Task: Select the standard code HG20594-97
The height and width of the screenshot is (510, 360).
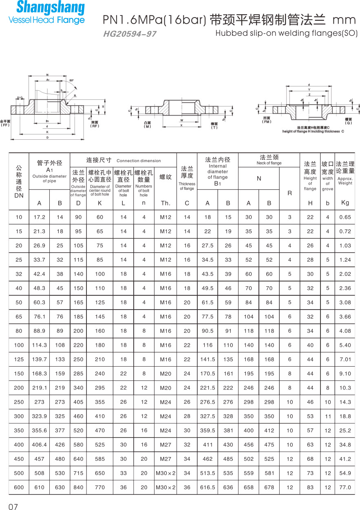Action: [130, 34]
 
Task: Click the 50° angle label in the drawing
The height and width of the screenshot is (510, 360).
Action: [72, 81]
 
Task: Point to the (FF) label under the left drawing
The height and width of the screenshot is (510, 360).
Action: [5, 125]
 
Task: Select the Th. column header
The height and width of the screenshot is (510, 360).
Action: [166, 203]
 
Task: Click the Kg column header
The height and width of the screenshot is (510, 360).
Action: [345, 202]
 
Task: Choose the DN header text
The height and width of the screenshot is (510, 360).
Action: [19, 196]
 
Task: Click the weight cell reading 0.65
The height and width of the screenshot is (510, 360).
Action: [345, 217]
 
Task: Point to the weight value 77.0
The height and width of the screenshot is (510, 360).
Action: [345, 487]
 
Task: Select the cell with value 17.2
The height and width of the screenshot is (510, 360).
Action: [40, 217]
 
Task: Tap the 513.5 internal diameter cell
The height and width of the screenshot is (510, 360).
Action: [208, 473]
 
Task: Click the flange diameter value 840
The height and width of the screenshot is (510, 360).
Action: [78, 487]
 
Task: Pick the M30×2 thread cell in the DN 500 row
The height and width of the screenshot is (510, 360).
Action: [166, 473]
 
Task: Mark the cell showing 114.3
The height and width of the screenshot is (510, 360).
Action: [40, 345]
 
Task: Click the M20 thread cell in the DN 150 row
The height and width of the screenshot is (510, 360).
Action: [166, 374]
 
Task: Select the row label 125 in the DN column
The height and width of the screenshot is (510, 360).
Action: [19, 359]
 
